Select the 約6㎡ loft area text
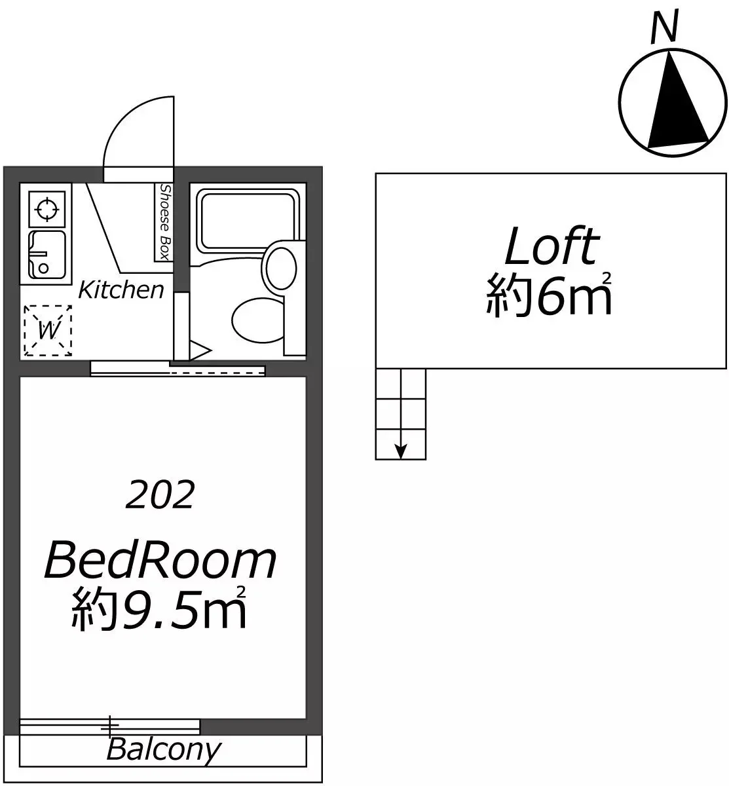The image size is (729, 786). pyautogui.click(x=549, y=295)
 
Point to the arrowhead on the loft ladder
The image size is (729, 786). pyautogui.click(x=401, y=451)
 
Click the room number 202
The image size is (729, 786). pyautogui.click(x=160, y=494)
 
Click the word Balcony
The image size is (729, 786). pyautogui.click(x=164, y=749)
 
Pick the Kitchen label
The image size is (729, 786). pyautogui.click(x=121, y=290)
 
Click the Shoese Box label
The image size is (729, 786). pyautogui.click(x=164, y=222)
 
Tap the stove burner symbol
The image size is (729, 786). pyautogui.click(x=47, y=208)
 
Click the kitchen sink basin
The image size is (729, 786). pyautogui.click(x=47, y=255)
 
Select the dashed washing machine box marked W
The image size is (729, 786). pyautogui.click(x=48, y=330)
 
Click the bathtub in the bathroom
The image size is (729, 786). pyautogui.click(x=248, y=220)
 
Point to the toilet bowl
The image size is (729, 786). pyautogui.click(x=257, y=322)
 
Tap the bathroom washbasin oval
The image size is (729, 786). pyautogui.click(x=282, y=268)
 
